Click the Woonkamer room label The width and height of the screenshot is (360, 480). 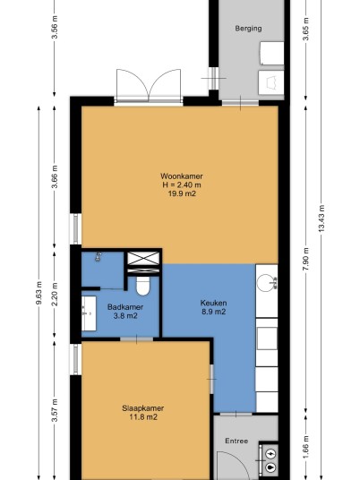[182, 176]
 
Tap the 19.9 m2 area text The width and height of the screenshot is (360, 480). [182, 193]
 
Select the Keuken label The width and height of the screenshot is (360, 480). [213, 303]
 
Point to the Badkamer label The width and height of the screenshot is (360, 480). [125, 307]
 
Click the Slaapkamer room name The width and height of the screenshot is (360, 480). [143, 408]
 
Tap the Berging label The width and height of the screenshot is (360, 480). [248, 29]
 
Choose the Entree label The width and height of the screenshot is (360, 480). [236, 441]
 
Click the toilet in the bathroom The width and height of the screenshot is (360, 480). [142, 287]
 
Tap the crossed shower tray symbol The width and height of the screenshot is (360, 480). [143, 259]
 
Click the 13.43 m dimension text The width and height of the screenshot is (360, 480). [321, 219]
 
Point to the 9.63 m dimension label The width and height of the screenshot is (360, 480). [39, 293]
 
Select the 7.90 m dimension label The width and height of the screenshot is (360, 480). [305, 259]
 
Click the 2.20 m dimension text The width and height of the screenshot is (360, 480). [55, 295]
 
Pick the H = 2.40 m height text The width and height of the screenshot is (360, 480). [182, 184]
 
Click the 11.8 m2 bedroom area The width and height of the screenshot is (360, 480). [143, 417]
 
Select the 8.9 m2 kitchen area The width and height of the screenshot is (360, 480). [214, 312]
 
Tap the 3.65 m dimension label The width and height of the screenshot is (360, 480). [305, 29]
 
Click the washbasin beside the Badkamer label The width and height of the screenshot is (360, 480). [89, 313]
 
